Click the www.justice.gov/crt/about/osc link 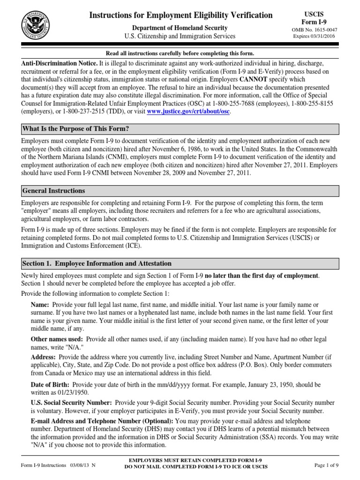188,111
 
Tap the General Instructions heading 53,191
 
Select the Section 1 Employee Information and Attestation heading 97,263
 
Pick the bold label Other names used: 57,339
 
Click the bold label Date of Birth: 50,385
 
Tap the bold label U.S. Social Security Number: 71,403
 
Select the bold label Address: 44,357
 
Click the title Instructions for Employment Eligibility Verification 180,15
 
